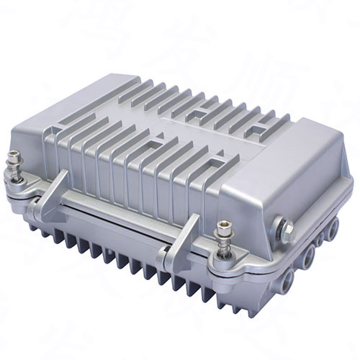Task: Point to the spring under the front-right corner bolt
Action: point(224,249)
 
